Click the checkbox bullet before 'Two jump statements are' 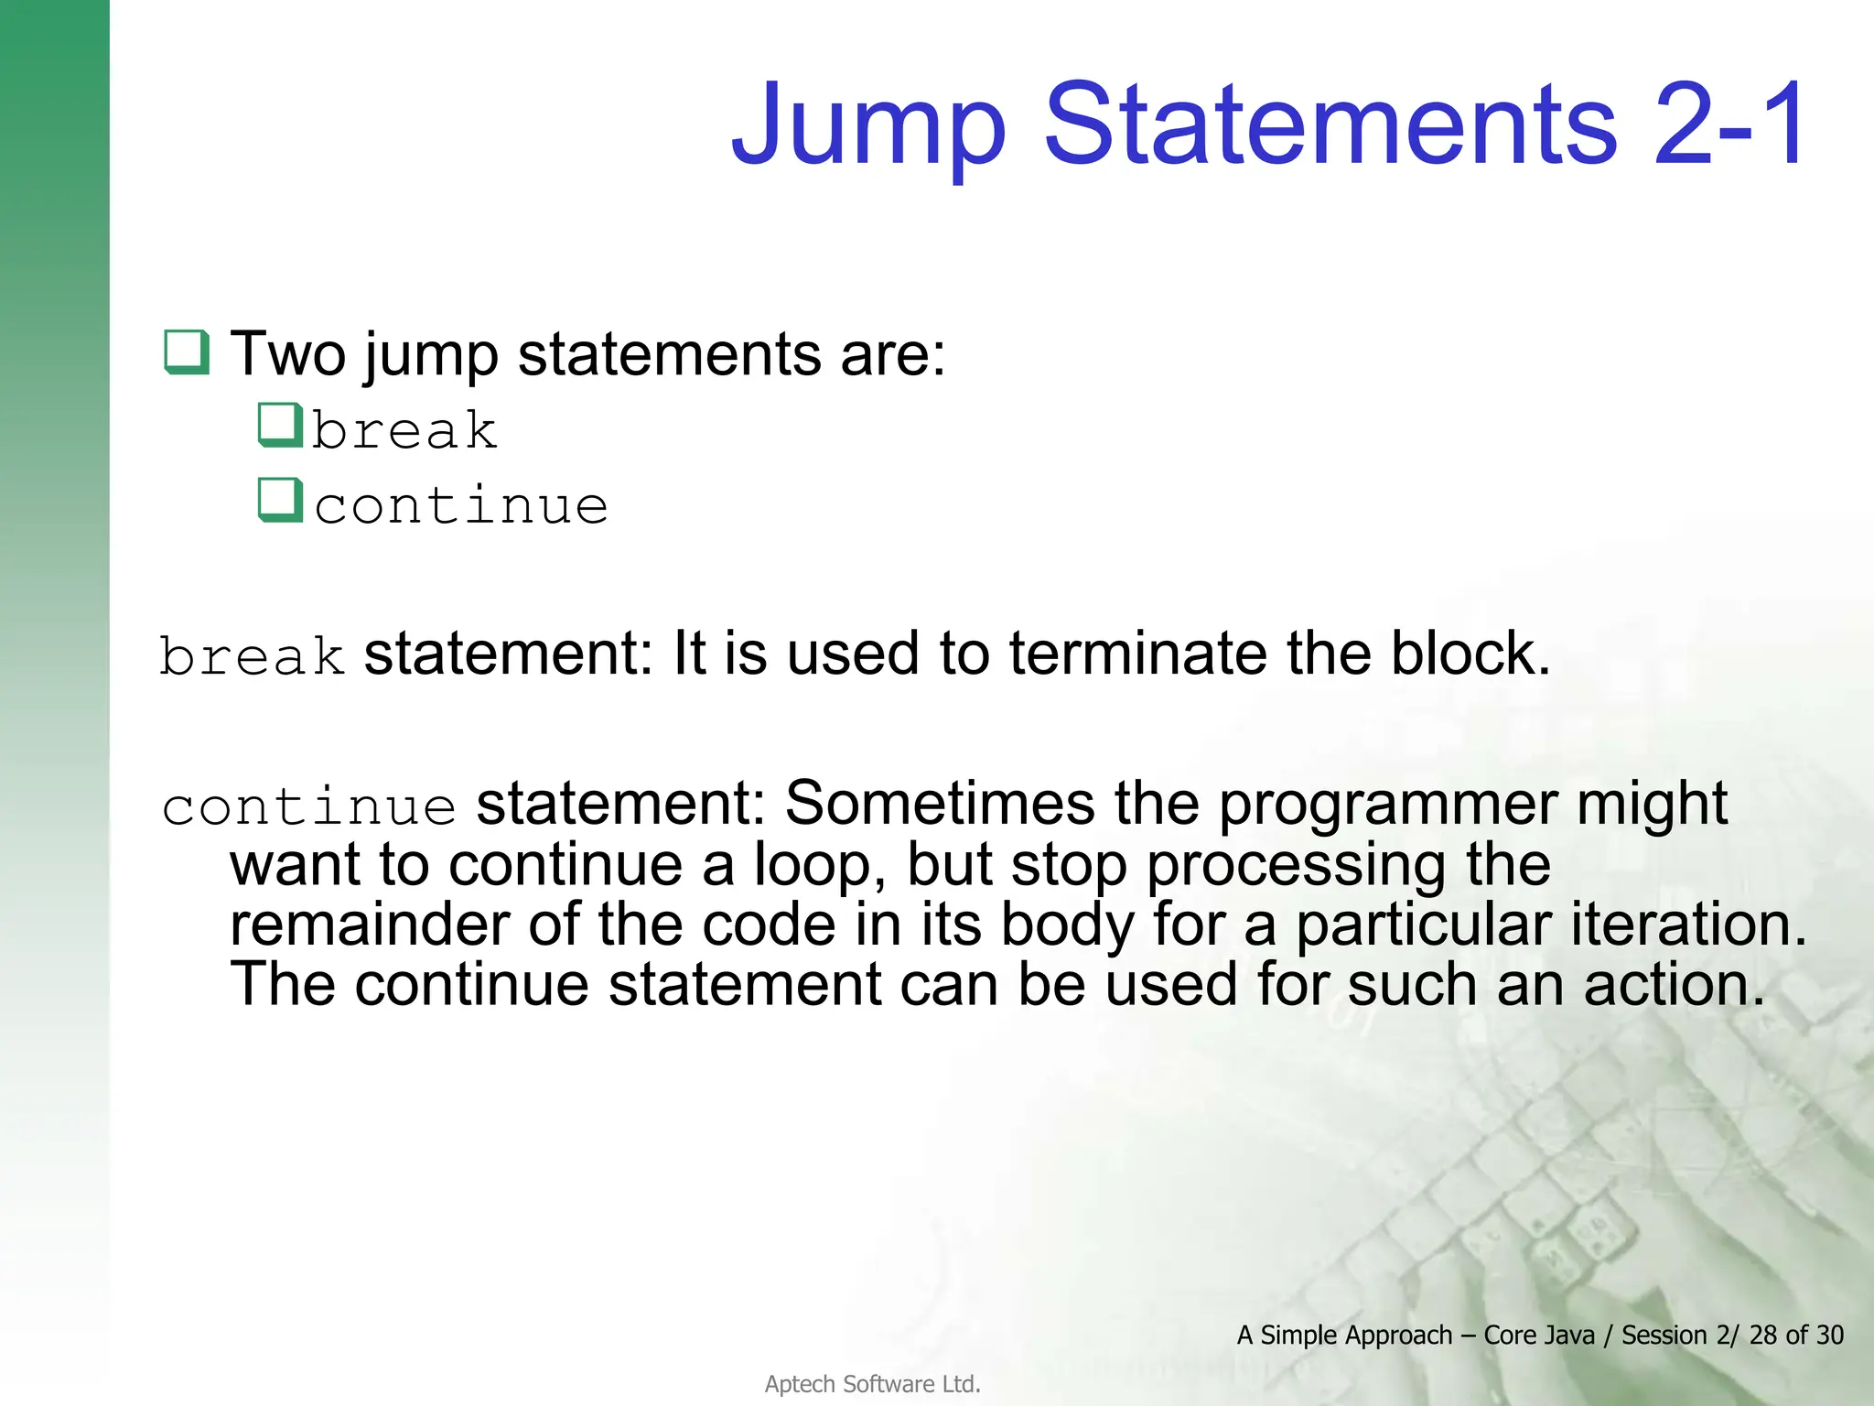(x=186, y=351)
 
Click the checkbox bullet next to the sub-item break (x=279, y=425)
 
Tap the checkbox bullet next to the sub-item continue (x=279, y=500)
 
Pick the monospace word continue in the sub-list (x=461, y=505)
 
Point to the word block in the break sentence (x=1470, y=654)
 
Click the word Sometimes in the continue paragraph (x=940, y=803)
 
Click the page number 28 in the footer (x=1763, y=1335)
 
